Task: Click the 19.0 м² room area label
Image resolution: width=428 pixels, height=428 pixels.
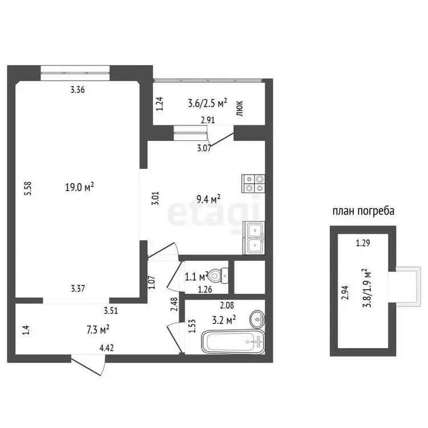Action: [x=79, y=187]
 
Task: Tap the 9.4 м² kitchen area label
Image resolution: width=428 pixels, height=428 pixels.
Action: [x=208, y=199]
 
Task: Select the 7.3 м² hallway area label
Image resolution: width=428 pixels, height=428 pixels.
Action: [x=98, y=329]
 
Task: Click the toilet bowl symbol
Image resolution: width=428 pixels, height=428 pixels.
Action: [x=219, y=276]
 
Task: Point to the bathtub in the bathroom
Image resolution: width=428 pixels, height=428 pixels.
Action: [x=233, y=341]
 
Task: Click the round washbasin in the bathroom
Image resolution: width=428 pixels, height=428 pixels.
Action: [x=257, y=318]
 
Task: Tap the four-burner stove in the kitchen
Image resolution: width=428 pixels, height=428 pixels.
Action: [x=253, y=183]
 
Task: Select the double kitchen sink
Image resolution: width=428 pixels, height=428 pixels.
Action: [x=253, y=238]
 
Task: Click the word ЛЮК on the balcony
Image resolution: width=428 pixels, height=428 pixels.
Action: [x=240, y=108]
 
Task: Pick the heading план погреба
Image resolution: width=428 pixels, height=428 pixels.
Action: [x=364, y=211]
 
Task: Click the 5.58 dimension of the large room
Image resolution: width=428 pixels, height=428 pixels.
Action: [x=28, y=188]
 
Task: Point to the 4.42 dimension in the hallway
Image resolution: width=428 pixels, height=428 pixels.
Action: [x=107, y=348]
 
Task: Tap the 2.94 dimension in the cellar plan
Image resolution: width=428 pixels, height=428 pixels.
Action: [x=345, y=292]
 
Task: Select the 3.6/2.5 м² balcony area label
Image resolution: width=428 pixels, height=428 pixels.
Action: [x=208, y=103]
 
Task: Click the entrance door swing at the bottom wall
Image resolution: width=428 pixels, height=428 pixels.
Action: [x=88, y=365]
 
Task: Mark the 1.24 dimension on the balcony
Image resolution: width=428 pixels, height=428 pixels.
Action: [x=160, y=104]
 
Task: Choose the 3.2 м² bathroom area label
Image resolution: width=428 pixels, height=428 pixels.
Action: [x=224, y=320]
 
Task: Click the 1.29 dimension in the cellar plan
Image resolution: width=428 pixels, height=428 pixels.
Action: [x=363, y=243]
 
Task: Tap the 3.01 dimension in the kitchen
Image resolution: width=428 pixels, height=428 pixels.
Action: [x=156, y=199]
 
